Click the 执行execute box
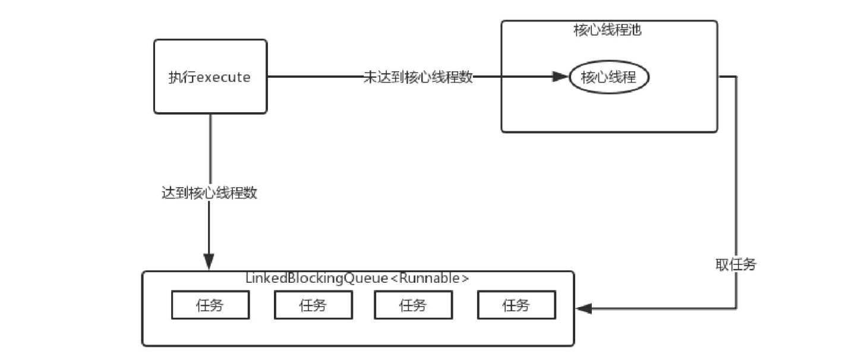210,77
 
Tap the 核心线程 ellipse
608,77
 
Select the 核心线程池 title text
608,30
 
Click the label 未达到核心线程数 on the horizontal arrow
418,77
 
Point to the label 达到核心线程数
209,193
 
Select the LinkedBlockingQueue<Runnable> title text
357,278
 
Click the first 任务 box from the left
210,306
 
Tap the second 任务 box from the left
313,306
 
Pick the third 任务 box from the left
413,306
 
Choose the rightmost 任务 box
516,306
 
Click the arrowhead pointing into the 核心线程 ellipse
560,77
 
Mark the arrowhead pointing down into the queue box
209,261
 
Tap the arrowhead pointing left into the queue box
584,308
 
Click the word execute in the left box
223,77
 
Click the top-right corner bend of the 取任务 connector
737,77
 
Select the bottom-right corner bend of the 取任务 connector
737,308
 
